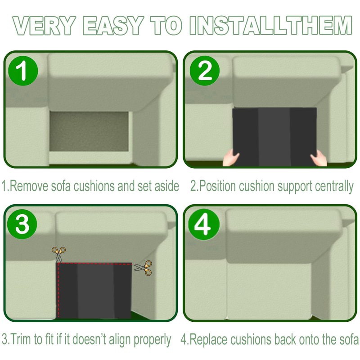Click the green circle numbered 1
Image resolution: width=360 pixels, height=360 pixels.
coord(23,71)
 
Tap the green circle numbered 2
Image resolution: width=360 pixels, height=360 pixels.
coord(205,71)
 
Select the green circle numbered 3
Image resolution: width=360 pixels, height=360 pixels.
coord(22,224)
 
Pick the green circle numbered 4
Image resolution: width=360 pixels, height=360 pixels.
coord(204,225)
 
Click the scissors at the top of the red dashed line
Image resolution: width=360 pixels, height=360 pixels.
coord(59,254)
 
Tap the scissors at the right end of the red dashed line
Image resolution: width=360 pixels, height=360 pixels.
coord(143,268)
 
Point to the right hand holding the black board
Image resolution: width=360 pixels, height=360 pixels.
coord(319,158)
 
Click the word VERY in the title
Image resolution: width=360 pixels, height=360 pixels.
coord(45,26)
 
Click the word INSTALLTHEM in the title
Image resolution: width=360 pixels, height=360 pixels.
coord(271,26)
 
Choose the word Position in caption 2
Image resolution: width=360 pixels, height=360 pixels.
coord(217,186)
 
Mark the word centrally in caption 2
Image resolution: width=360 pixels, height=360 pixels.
coord(334,186)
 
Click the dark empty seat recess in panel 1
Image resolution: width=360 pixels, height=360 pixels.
coord(89,131)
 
